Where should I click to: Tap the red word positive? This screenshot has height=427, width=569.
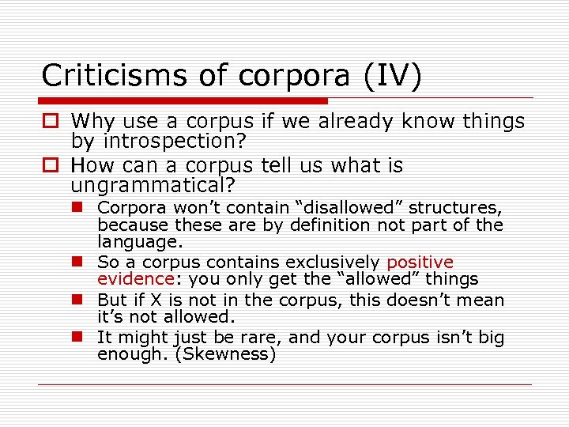tap(420, 262)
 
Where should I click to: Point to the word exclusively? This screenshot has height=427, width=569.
tap(332, 262)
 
